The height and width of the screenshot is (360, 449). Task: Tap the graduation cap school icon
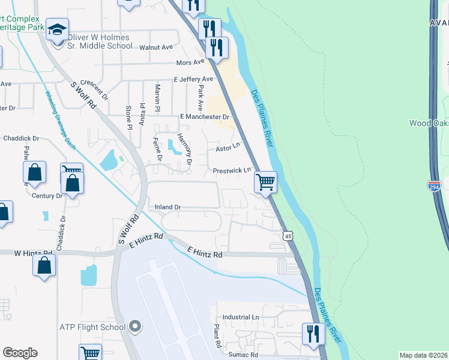click(58, 29)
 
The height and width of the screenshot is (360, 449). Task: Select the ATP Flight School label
click(92, 327)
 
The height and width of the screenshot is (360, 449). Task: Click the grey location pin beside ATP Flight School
click(135, 327)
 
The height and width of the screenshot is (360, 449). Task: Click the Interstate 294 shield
click(435, 186)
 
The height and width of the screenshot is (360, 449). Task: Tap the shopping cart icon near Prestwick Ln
click(265, 181)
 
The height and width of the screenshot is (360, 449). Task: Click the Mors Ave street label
click(191, 63)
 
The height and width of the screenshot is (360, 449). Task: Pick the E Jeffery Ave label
click(193, 79)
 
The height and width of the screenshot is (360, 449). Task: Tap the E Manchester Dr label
click(205, 116)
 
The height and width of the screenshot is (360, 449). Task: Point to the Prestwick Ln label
click(232, 171)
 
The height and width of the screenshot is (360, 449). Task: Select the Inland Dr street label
click(168, 207)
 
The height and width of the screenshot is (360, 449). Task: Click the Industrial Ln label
click(240, 317)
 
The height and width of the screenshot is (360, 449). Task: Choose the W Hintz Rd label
click(33, 254)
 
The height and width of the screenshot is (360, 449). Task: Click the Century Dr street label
click(47, 196)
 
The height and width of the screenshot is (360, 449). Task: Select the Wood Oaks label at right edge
click(429, 123)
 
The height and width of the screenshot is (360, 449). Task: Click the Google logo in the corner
click(20, 353)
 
